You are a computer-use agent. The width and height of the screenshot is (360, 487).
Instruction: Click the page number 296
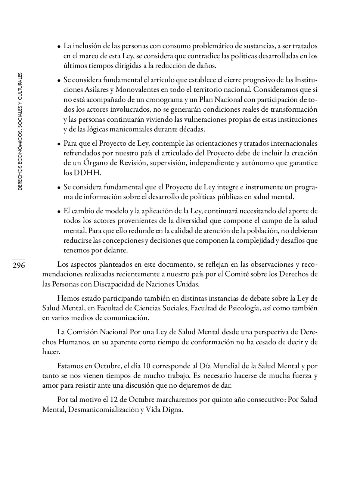[19, 266]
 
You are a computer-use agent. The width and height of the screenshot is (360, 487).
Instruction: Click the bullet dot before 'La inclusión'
[59, 47]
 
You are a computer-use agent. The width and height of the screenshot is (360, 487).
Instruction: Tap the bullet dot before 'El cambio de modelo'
[59, 211]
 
